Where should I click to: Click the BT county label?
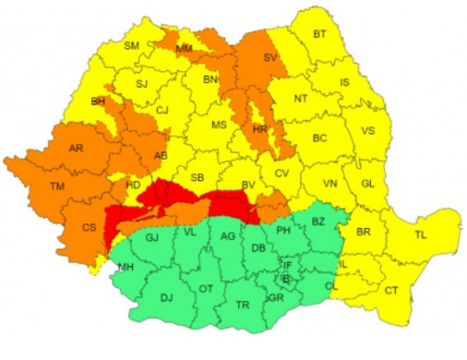[x=320, y=35]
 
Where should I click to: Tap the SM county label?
[x=131, y=45]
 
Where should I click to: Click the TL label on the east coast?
[x=420, y=236]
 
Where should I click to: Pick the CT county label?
[x=391, y=290]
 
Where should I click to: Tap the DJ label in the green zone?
[x=166, y=297]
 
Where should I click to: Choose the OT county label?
[x=206, y=289]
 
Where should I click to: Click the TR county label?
[x=243, y=305]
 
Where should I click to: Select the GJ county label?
[x=153, y=238]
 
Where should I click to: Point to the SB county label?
[x=197, y=177]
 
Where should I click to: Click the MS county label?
[x=219, y=125]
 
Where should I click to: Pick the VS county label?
[x=367, y=131]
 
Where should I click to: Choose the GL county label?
[x=367, y=183]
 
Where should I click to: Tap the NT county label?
[x=300, y=98]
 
